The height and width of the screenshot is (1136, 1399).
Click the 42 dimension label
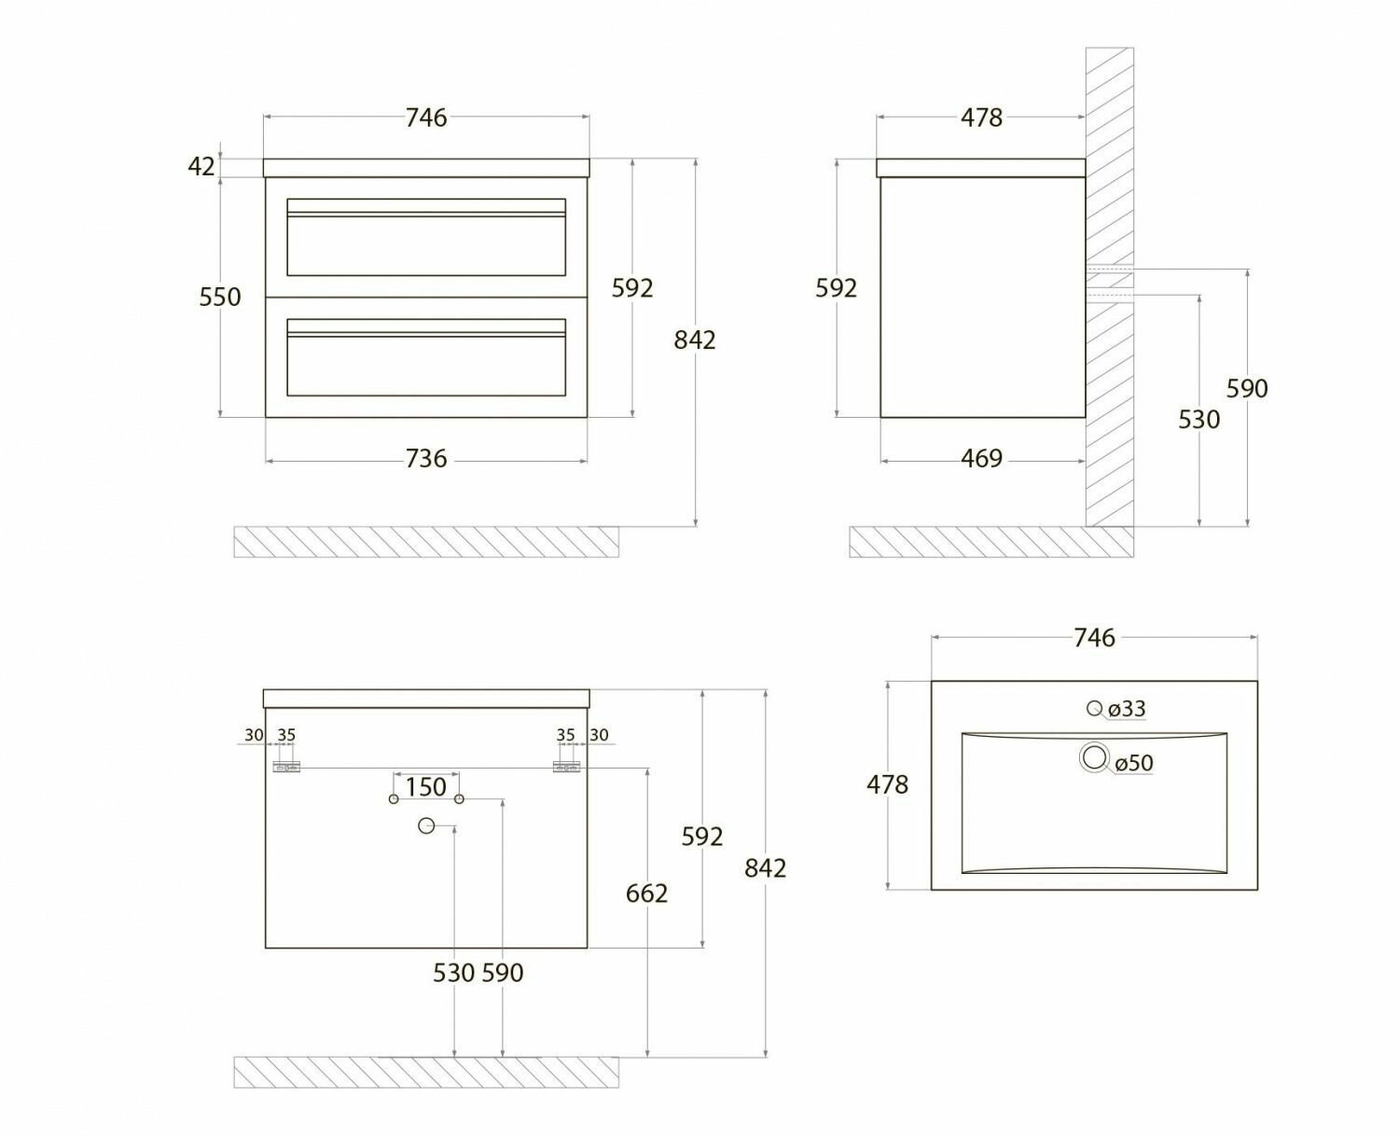click(x=201, y=166)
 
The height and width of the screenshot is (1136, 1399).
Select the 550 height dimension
click(x=220, y=297)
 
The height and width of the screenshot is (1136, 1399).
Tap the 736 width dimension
click(x=426, y=459)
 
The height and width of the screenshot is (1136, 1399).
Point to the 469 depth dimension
click(x=981, y=459)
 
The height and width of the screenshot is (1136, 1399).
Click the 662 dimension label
click(x=646, y=894)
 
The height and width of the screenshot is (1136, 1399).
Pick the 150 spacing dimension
click(x=426, y=786)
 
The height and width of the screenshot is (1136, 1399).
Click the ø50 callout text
click(x=1134, y=763)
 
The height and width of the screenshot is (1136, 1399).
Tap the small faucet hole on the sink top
click(x=1094, y=708)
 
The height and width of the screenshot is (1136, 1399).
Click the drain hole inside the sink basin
click(x=1094, y=757)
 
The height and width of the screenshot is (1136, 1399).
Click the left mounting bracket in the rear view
click(x=285, y=767)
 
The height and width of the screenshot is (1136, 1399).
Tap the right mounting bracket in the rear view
click(x=567, y=767)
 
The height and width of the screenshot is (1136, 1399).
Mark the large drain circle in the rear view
click(x=426, y=825)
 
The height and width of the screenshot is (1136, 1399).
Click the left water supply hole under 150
click(x=394, y=799)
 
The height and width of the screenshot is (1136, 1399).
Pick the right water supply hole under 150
click(x=459, y=799)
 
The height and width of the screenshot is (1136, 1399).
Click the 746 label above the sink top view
click(x=1094, y=638)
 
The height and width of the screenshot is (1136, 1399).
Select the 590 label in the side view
click(x=1247, y=388)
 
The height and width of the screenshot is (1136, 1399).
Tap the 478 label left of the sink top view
click(x=887, y=785)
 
